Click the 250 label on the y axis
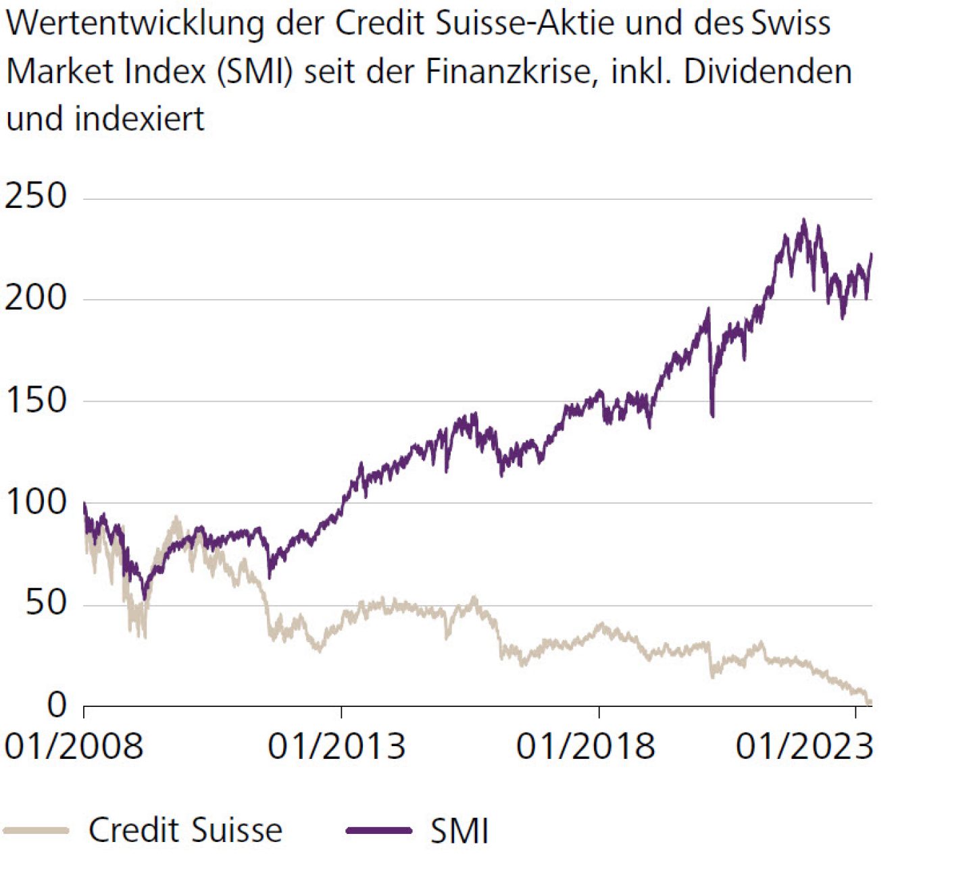pos(36,196)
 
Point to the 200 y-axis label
pos(36,298)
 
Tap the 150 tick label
pos(36,400)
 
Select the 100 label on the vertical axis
pos(36,502)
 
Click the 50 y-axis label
pos(46,603)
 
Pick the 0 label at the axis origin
pos(57,705)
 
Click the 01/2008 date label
pos(74,747)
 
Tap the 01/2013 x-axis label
pos(336,747)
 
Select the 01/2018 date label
pos(586,747)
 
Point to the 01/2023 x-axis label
pos(805,747)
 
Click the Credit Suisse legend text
pos(185,830)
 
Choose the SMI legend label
pos(459,831)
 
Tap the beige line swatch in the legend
pos(36,831)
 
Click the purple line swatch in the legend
pos(379,831)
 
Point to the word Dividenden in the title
pos(768,72)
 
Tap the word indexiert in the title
pos(139,119)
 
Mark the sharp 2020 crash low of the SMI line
pos(712,415)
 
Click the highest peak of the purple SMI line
pos(803,220)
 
